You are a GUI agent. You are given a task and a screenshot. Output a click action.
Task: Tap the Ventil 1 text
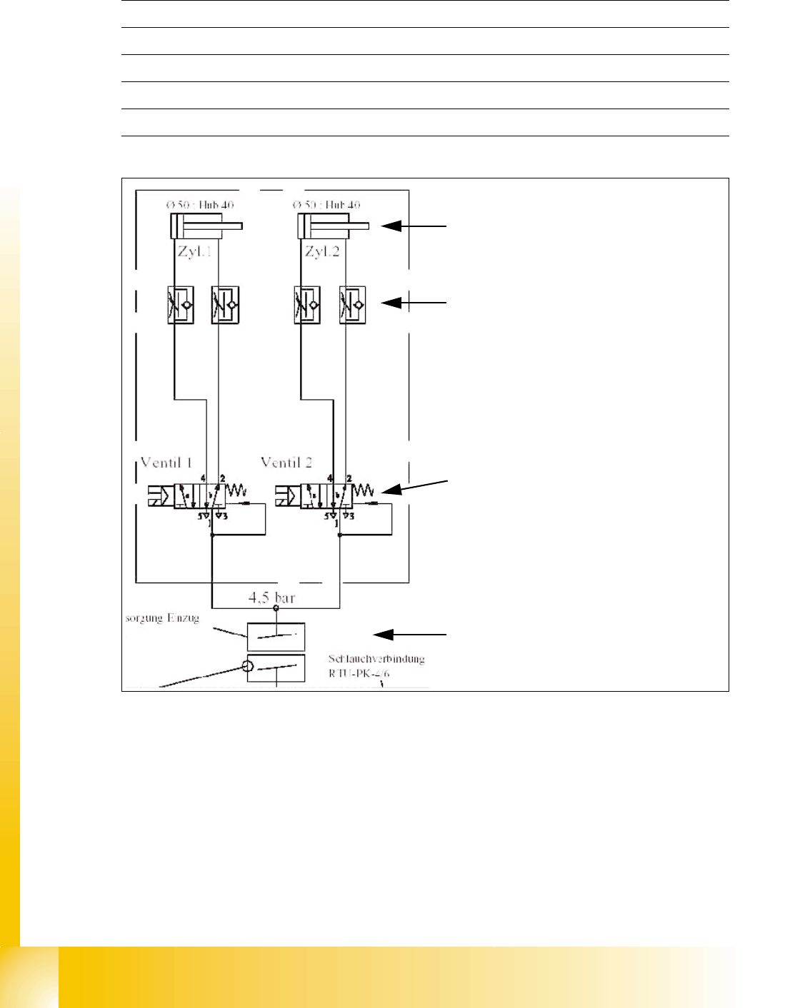click(x=166, y=462)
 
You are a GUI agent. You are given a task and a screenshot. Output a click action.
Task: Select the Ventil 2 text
click(x=286, y=462)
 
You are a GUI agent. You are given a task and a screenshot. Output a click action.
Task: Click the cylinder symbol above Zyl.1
click(x=206, y=228)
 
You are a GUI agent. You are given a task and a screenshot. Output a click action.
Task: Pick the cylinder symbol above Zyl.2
click(x=333, y=228)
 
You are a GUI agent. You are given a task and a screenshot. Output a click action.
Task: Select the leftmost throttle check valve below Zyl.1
click(x=181, y=306)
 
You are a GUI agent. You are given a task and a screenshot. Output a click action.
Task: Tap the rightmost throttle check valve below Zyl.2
click(x=353, y=306)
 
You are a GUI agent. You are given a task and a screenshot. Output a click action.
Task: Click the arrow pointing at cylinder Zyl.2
click(x=414, y=226)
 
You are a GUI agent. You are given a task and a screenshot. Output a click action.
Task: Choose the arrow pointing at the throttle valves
click(x=414, y=303)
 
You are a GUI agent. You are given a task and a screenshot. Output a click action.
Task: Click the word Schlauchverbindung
click(x=376, y=659)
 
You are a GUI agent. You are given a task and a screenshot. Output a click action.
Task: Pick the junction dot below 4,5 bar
click(x=276, y=608)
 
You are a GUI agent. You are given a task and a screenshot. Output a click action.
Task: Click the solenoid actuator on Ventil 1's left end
click(x=156, y=495)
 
